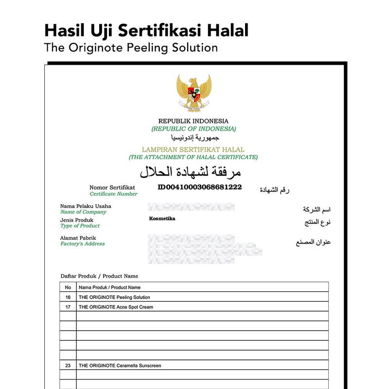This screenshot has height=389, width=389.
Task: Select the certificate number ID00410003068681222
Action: pyautogui.click(x=200, y=187)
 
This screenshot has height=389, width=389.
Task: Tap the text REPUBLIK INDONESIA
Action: pyautogui.click(x=193, y=121)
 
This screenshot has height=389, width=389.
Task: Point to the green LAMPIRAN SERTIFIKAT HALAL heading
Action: pyautogui.click(x=193, y=150)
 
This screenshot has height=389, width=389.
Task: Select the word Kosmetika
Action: pyautogui.click(x=162, y=219)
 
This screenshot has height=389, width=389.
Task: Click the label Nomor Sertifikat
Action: pyautogui.click(x=112, y=187)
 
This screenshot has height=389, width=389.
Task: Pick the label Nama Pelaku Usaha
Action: pyautogui.click(x=86, y=206)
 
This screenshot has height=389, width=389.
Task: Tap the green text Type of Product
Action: pyautogui.click(x=80, y=226)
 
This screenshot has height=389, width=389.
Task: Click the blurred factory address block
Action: pyautogui.click(x=204, y=246)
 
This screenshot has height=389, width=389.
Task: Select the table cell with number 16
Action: pyautogui.click(x=68, y=297)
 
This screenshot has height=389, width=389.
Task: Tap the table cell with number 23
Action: pyautogui.click(x=68, y=365)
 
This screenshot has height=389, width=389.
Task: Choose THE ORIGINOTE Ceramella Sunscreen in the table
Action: pyautogui.click(x=120, y=365)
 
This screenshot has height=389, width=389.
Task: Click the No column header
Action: pyautogui.click(x=68, y=287)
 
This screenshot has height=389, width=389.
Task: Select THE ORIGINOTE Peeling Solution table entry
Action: pyautogui.click(x=114, y=297)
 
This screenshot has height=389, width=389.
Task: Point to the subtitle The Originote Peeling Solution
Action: pyautogui.click(x=130, y=48)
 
